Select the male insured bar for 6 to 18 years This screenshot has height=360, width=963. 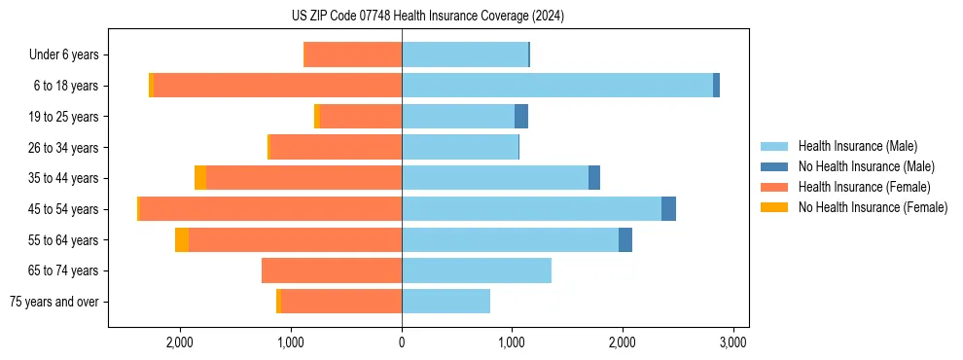[556, 86]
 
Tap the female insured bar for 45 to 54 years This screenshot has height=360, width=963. [270, 209]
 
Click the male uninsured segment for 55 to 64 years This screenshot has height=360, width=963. [625, 240]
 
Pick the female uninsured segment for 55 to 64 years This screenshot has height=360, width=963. [182, 240]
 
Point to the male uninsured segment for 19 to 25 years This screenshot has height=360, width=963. [521, 117]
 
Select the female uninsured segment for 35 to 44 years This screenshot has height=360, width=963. [200, 178]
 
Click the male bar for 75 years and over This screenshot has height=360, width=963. [446, 302]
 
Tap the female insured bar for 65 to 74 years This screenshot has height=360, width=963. [332, 270]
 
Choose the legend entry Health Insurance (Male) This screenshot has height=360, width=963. [857, 146]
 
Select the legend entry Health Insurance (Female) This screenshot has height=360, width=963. [864, 187]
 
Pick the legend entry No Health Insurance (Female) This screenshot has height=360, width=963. [873, 207]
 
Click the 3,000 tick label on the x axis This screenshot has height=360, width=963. [732, 342]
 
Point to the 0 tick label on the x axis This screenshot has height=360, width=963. [402, 342]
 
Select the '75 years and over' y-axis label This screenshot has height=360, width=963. [54, 302]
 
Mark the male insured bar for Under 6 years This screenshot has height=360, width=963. [465, 54]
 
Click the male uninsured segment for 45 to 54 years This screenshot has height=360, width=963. [668, 209]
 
